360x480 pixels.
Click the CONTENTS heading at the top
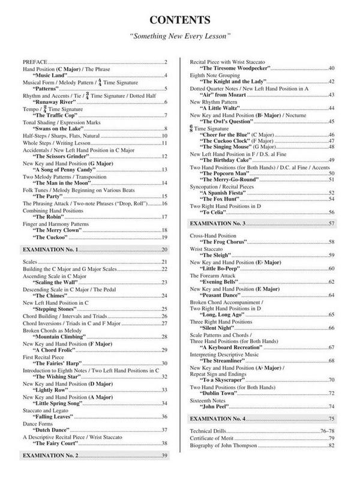(180, 19)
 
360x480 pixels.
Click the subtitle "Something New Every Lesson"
(180, 37)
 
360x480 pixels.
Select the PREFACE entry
(34, 62)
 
